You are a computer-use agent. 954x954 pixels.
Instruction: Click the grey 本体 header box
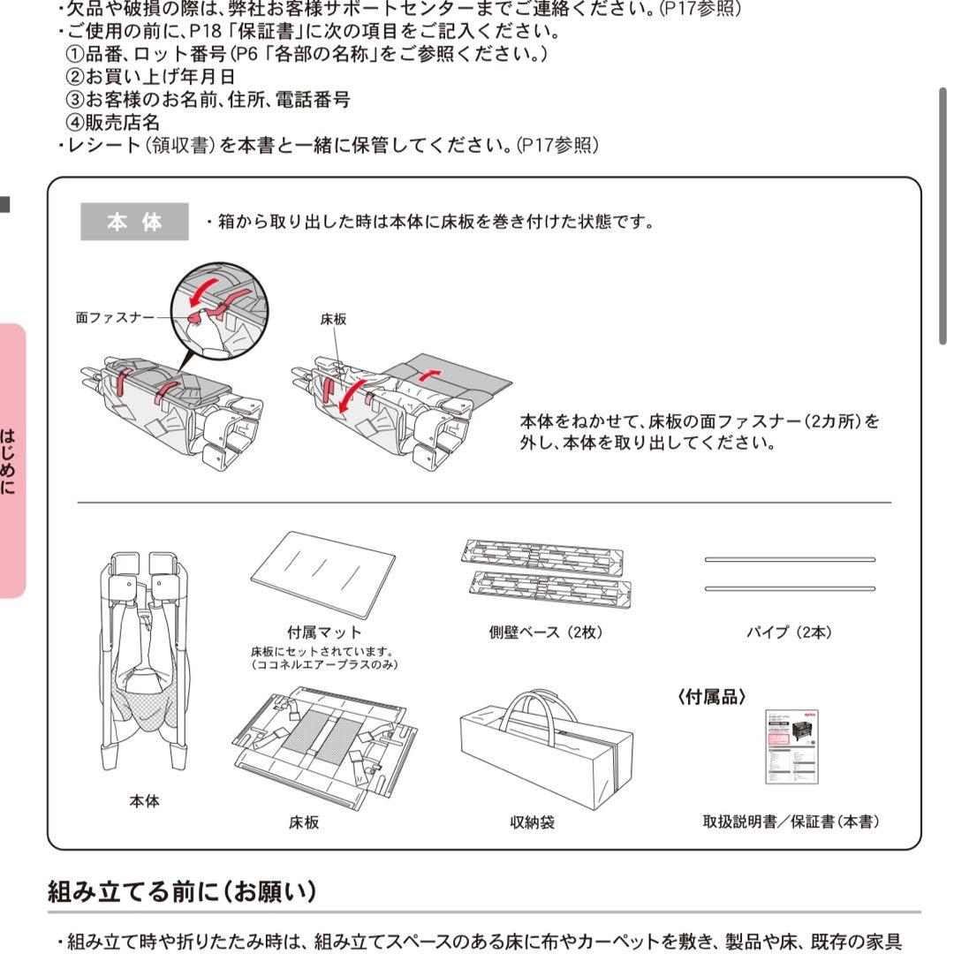(134, 222)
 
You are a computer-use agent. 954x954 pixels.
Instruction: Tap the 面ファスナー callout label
(114, 317)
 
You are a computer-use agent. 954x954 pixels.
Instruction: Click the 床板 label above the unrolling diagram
(333, 320)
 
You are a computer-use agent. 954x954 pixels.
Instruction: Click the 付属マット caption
(324, 632)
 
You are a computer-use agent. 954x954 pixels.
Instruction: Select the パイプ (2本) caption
(788, 632)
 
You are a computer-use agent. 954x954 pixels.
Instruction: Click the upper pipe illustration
(789, 559)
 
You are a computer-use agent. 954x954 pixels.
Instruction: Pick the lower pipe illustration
(789, 588)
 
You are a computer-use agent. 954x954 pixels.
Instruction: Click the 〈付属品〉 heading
(712, 697)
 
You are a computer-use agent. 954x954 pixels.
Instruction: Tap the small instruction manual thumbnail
(791, 746)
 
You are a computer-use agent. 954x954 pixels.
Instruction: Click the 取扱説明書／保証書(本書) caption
(791, 822)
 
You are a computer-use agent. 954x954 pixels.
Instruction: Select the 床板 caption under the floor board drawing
(304, 822)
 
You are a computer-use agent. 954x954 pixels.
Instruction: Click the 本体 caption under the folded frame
(144, 802)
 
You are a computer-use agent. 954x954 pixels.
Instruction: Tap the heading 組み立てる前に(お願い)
(181, 891)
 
